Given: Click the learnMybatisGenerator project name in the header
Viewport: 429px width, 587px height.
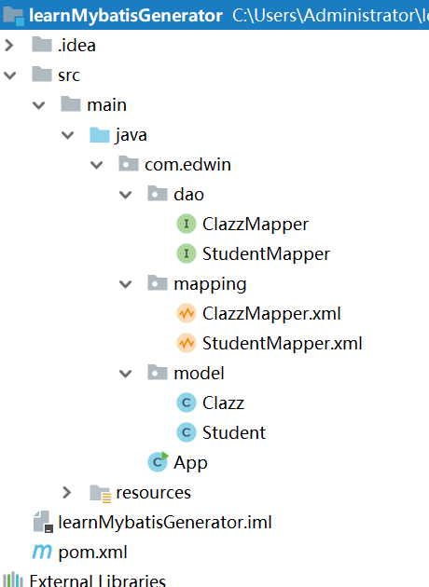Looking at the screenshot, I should (126, 16).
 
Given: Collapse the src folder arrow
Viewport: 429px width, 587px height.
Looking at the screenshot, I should (11, 75).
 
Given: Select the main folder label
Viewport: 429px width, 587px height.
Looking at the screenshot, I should (106, 105).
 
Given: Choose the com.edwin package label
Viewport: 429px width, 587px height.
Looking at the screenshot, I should (187, 165).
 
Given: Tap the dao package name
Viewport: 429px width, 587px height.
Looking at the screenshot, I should (188, 195).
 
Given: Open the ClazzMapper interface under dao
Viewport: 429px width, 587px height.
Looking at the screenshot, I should (255, 225).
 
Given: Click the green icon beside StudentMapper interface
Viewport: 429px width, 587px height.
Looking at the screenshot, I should (186, 254).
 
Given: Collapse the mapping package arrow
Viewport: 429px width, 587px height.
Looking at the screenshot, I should (126, 284).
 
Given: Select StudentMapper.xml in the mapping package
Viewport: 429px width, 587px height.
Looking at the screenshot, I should (282, 344).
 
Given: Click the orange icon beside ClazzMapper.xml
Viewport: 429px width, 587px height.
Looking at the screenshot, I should (186, 314).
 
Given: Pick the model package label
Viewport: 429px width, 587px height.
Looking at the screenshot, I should (199, 374).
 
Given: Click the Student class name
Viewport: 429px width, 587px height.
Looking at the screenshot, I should (234, 433).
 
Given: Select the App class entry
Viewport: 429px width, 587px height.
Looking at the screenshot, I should (190, 463).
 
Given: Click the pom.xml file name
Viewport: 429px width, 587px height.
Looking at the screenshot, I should (91, 552).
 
